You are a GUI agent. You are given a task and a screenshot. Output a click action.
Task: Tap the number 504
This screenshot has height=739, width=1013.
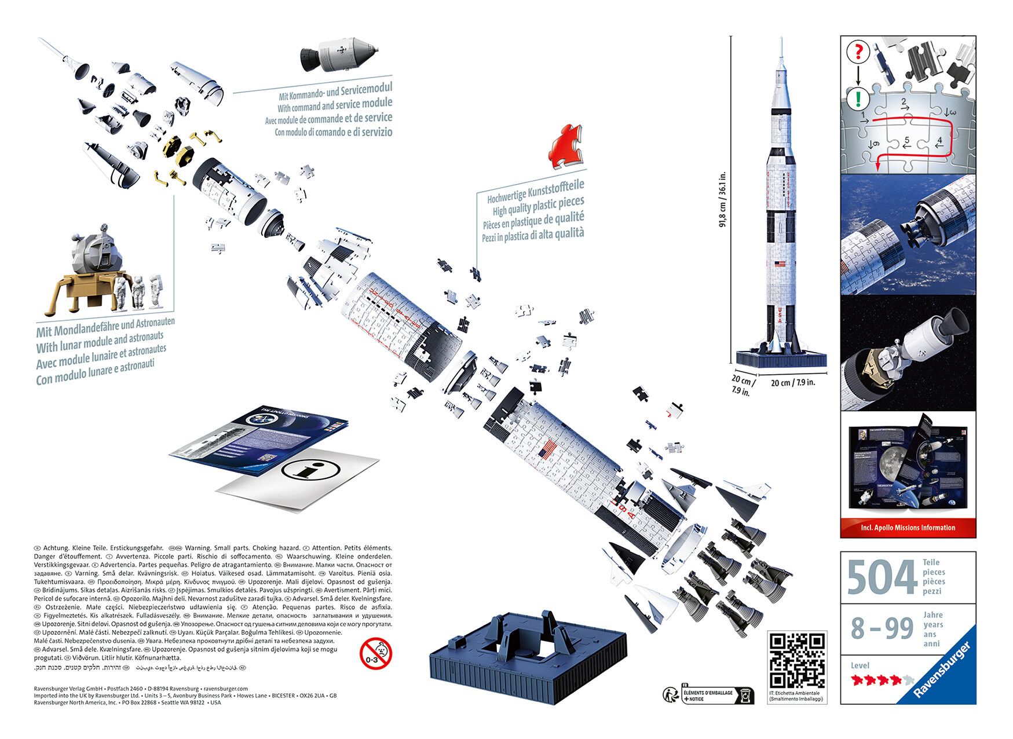(881, 577)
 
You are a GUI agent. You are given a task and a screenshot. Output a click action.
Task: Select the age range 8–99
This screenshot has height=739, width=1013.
(882, 628)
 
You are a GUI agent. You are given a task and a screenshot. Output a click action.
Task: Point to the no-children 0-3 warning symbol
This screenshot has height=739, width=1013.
(375, 654)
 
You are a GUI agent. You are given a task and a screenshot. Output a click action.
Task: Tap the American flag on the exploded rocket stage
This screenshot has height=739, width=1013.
(548, 449)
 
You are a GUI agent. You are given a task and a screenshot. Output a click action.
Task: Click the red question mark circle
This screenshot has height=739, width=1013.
(858, 52)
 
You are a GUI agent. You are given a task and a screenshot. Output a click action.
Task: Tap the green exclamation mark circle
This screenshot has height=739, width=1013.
(858, 98)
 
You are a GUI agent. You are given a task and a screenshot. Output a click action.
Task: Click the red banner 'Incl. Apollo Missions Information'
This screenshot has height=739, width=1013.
(908, 528)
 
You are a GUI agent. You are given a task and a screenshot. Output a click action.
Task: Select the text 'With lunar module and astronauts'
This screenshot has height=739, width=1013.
(100, 342)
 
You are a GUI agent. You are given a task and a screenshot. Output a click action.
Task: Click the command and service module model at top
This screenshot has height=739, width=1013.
(339, 54)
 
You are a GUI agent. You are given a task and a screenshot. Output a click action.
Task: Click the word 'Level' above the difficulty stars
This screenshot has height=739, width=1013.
(860, 665)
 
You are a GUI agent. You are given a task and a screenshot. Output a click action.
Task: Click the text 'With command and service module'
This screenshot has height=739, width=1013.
(334, 105)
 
